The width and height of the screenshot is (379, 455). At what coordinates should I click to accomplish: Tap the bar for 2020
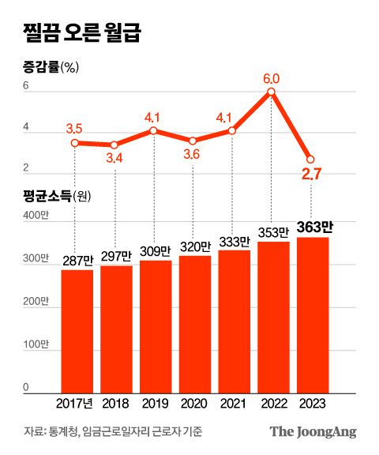(194, 324)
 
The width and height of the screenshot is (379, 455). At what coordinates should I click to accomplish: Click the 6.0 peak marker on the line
(272, 92)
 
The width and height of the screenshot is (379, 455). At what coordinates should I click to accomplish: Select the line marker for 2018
(114, 145)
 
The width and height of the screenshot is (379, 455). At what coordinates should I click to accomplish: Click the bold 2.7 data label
(311, 175)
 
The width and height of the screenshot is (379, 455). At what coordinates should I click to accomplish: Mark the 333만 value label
(233, 241)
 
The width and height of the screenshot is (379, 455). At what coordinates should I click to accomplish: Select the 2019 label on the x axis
(155, 403)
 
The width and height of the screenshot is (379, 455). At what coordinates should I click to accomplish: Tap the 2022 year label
(272, 403)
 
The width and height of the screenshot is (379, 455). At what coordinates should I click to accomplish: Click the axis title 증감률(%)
(49, 67)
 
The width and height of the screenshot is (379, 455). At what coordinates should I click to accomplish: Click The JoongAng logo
(313, 431)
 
